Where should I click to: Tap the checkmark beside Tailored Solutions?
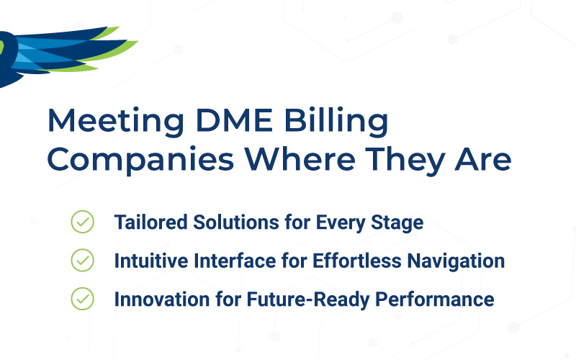(82, 222)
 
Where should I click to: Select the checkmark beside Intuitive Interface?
(82, 260)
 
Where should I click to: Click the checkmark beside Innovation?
(82, 298)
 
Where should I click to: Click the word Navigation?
(455, 261)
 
